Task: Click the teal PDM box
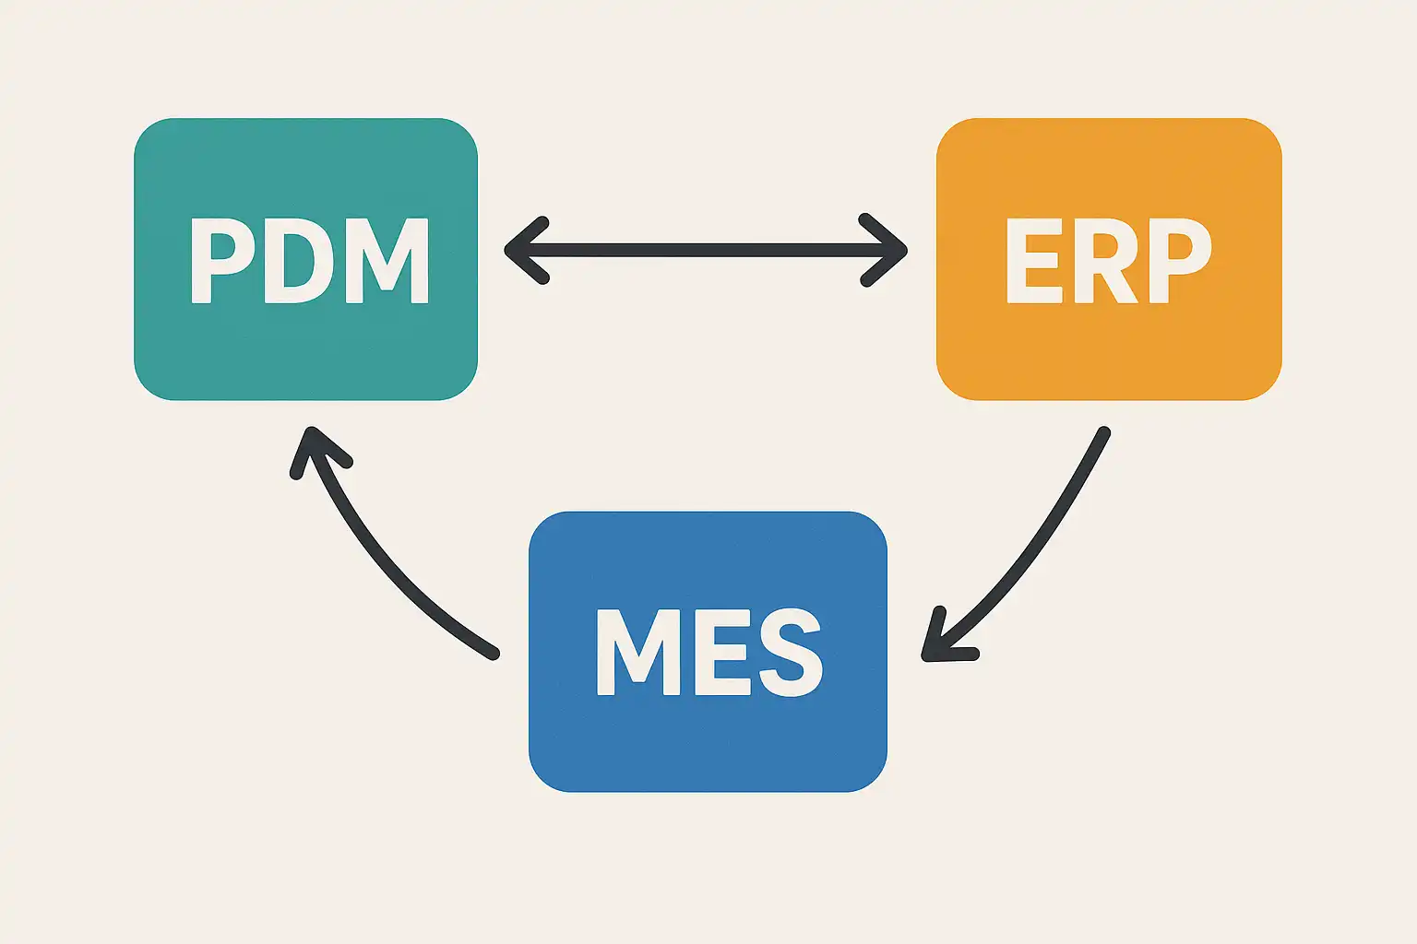click(305, 259)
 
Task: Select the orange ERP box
click(1109, 259)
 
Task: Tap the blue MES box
click(708, 651)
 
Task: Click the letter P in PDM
click(222, 261)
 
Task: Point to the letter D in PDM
click(301, 261)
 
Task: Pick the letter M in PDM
click(387, 261)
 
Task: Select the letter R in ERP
click(1107, 261)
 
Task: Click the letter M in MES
click(638, 653)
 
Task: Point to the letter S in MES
click(792, 653)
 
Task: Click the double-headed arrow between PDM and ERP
click(706, 251)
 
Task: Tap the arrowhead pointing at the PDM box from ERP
click(527, 251)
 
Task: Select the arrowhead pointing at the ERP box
click(884, 251)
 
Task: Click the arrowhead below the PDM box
click(316, 450)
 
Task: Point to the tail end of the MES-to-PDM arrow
click(494, 654)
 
